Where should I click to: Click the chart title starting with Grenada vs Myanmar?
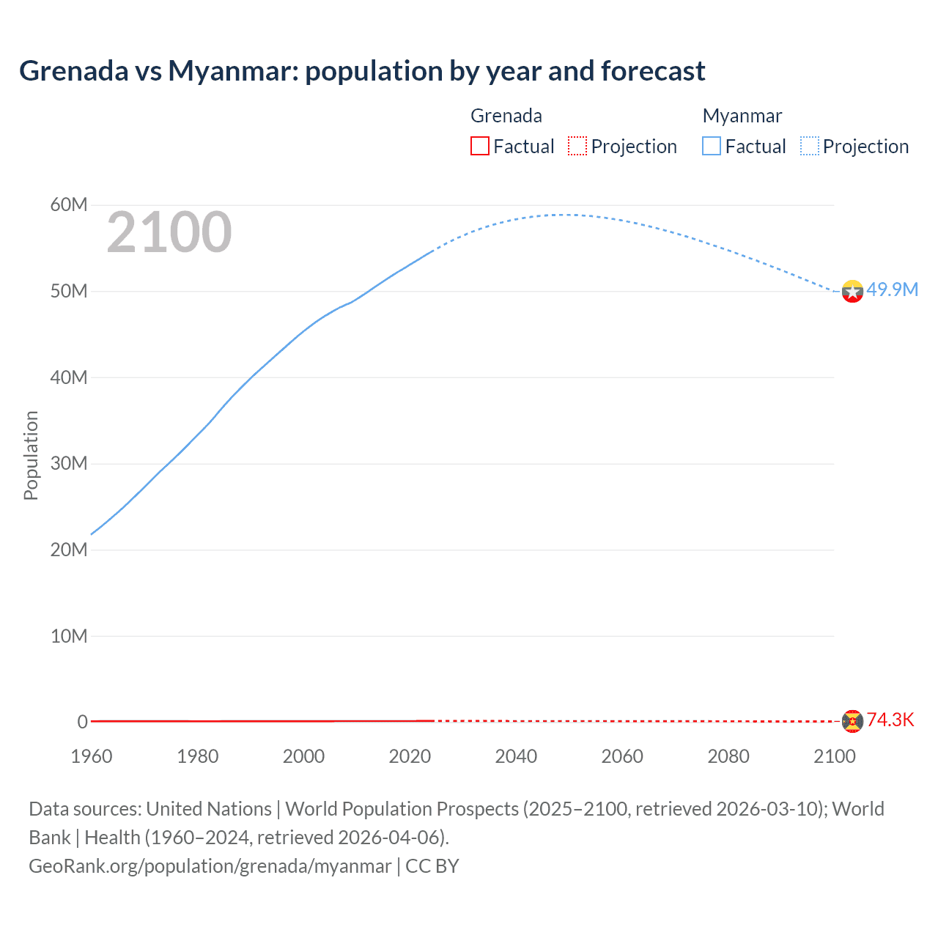coord(362,71)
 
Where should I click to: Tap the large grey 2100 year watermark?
coord(169,233)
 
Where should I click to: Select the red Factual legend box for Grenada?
coord(480,146)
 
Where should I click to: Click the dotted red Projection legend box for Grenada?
coord(577,146)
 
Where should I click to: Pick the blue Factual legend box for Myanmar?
coord(712,146)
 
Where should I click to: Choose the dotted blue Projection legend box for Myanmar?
coord(810,146)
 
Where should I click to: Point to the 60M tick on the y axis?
coord(69,205)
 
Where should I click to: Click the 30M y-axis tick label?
coord(69,464)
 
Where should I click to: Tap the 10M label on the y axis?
coord(69,636)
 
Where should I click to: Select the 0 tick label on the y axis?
coord(82,722)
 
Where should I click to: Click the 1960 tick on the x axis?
coord(92,756)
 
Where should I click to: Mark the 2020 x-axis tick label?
coord(410,756)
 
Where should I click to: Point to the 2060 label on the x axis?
coord(622,756)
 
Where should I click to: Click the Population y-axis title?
coord(31,455)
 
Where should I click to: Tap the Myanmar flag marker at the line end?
coord(852,292)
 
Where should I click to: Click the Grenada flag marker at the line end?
coord(852,721)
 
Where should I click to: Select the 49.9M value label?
coord(892,290)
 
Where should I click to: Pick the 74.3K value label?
coord(890,720)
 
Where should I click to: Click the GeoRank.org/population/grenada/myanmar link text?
coord(210,866)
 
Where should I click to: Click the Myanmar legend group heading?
coord(742,116)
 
